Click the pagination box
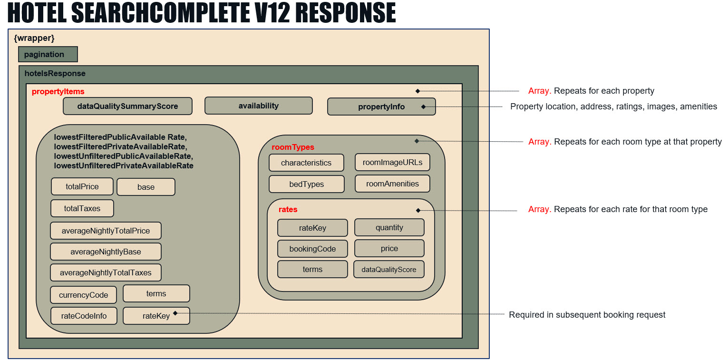tap(48, 54)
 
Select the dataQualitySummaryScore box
tap(127, 106)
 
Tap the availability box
tap(258, 106)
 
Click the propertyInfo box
tap(381, 107)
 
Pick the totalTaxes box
tap(82, 208)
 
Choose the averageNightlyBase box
tap(106, 252)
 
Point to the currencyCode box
tap(83, 295)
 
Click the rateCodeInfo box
tap(84, 315)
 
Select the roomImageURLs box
tap(392, 162)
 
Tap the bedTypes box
tap(306, 184)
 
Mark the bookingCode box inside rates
tap(312, 249)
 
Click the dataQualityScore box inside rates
tap(388, 269)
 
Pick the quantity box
tap(389, 227)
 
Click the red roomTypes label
tap(292, 147)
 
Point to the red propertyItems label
tap(58, 91)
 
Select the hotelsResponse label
tap(55, 73)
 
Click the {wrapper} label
tap(34, 38)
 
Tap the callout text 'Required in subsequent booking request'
tap(587, 315)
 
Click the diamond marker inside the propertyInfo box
tap(423, 107)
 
